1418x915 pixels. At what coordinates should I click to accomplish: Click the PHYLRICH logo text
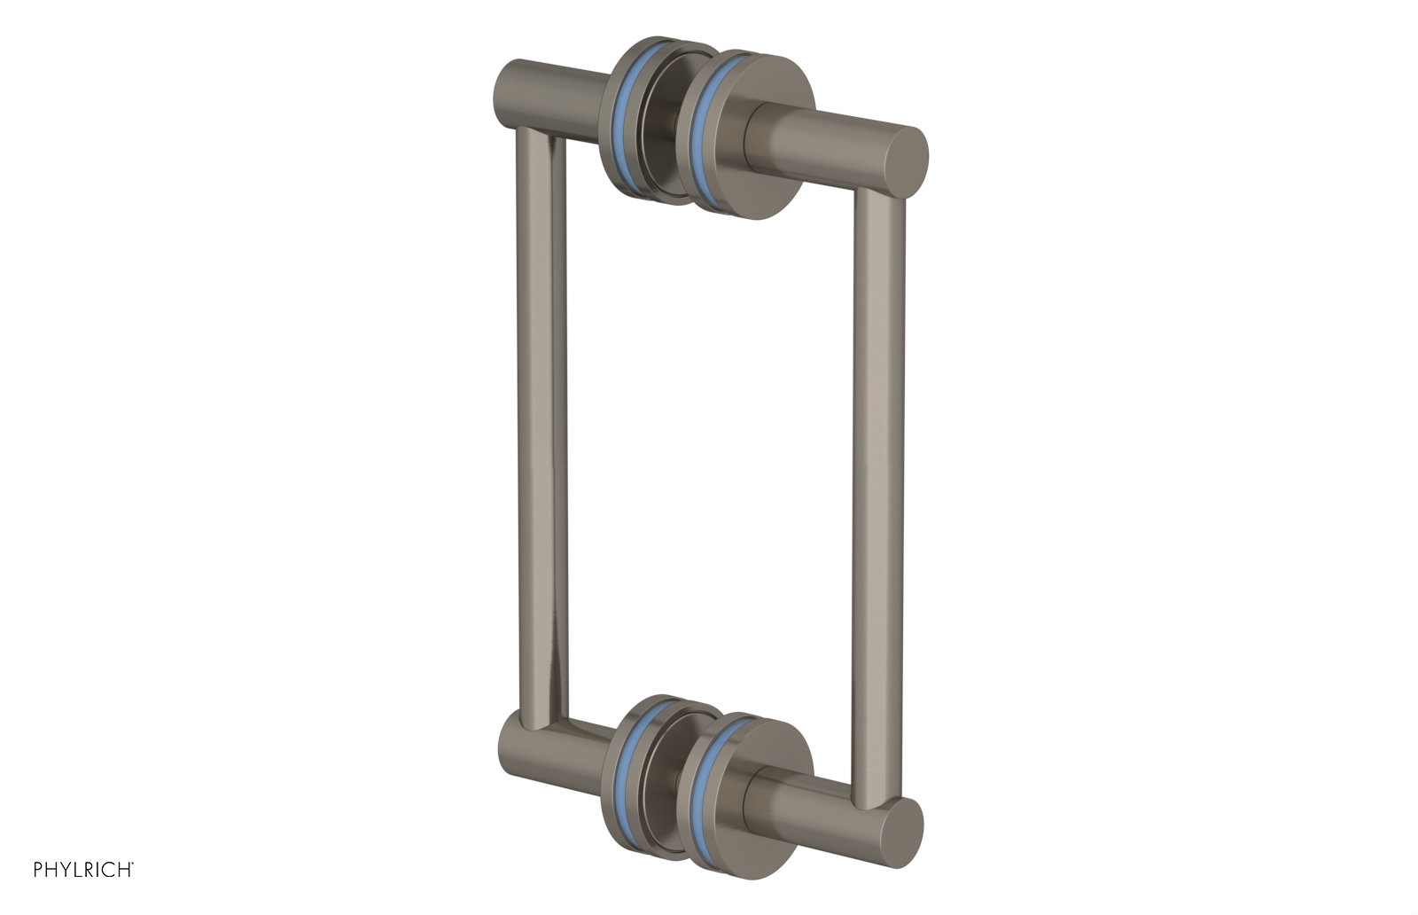click(83, 870)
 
